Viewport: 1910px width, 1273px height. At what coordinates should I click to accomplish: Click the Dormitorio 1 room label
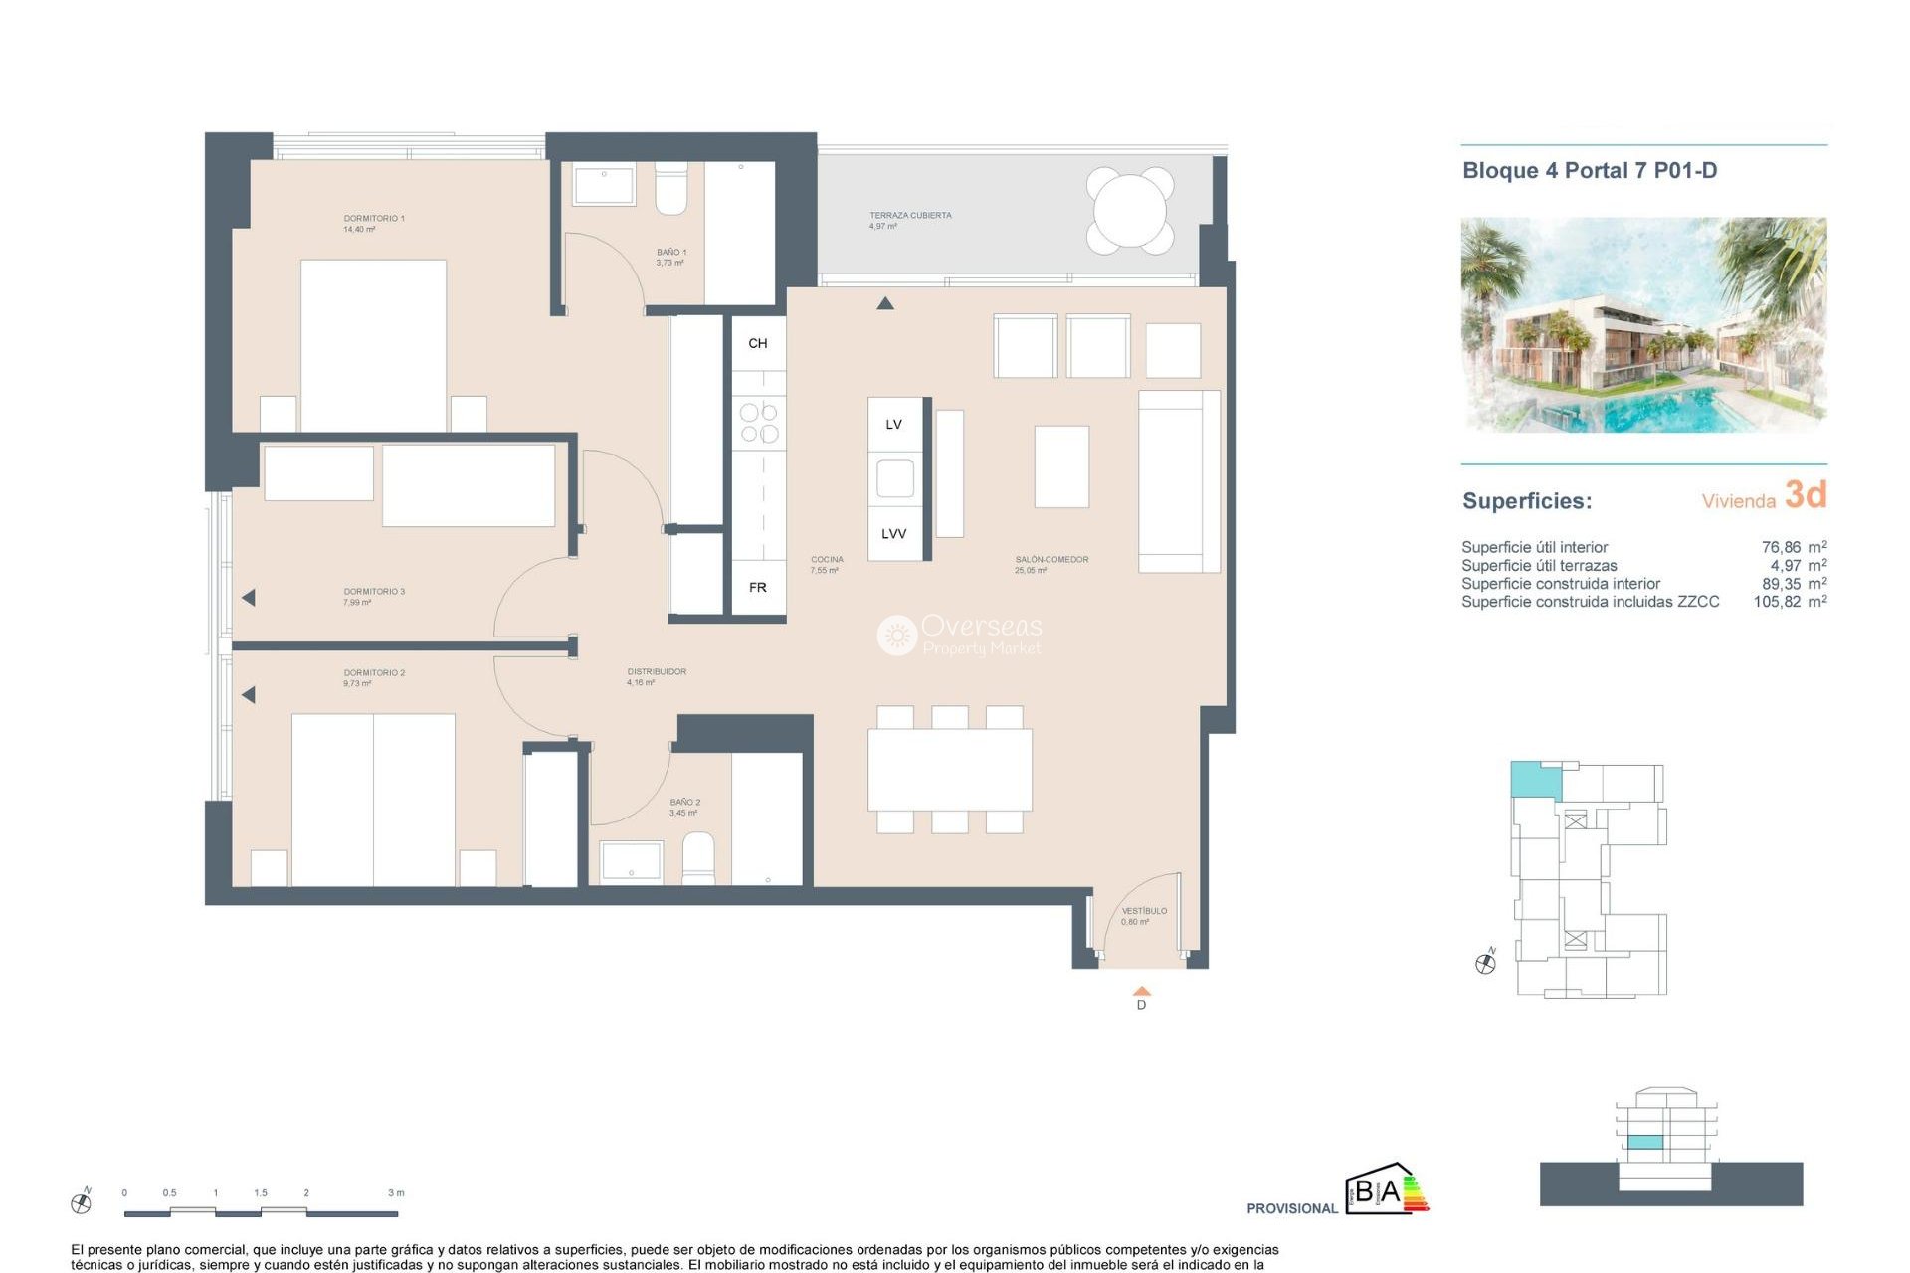[x=373, y=223]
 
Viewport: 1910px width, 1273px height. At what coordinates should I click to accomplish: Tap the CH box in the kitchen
[x=758, y=343]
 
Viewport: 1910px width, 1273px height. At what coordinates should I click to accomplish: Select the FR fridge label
[x=758, y=587]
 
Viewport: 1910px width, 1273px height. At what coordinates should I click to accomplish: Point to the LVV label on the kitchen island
[x=893, y=534]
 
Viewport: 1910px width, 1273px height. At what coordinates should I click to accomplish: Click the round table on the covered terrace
[x=1130, y=210]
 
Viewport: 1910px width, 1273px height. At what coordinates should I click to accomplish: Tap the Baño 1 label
[x=670, y=257]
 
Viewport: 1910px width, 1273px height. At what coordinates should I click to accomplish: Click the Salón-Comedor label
[x=1050, y=564]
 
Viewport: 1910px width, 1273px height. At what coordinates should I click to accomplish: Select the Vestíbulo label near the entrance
[x=1143, y=915]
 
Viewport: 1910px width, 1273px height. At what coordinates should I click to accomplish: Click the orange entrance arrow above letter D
[x=1141, y=991]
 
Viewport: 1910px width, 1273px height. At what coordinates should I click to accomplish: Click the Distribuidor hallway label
[x=656, y=676]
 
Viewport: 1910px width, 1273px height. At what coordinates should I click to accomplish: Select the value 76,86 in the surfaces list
[x=1780, y=547]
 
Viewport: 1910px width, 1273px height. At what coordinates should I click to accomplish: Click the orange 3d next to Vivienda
[x=1805, y=494]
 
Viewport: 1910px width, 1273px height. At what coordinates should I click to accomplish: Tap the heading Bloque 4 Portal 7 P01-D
[x=1589, y=171]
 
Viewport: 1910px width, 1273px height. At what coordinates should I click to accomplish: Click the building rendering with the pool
[x=1642, y=325]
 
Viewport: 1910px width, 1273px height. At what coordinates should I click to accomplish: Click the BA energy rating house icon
[x=1386, y=1189]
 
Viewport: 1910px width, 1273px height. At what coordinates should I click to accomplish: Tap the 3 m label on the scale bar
[x=396, y=1192]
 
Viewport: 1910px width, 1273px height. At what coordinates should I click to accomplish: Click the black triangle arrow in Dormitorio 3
[x=249, y=598]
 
